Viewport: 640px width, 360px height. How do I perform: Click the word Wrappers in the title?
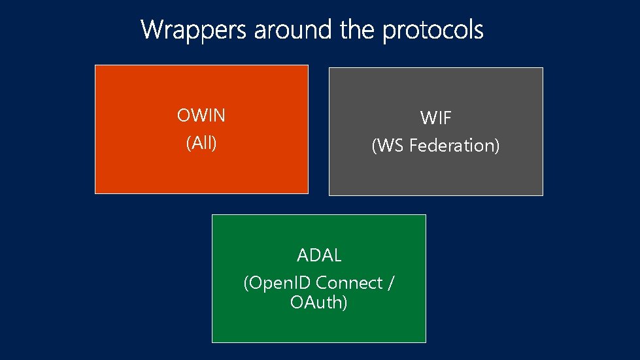(194, 29)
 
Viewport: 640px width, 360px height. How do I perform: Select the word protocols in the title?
(433, 30)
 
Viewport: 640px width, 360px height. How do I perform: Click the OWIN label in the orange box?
(201, 116)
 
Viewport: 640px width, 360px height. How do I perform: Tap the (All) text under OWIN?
(201, 143)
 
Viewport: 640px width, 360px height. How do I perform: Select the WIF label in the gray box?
(436, 118)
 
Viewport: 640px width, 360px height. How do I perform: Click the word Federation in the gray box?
(454, 146)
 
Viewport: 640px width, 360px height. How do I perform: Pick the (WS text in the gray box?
(388, 146)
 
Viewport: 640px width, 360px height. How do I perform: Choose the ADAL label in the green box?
(319, 255)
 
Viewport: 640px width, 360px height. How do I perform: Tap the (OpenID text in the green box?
(278, 284)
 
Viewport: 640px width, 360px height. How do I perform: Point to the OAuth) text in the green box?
(319, 303)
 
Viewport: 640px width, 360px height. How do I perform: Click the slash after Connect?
(391, 284)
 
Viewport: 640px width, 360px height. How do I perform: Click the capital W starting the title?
(152, 29)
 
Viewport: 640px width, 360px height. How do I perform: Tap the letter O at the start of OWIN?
(183, 116)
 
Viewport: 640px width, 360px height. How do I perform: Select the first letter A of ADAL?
(303, 255)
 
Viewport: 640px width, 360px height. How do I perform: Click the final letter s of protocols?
(479, 31)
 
